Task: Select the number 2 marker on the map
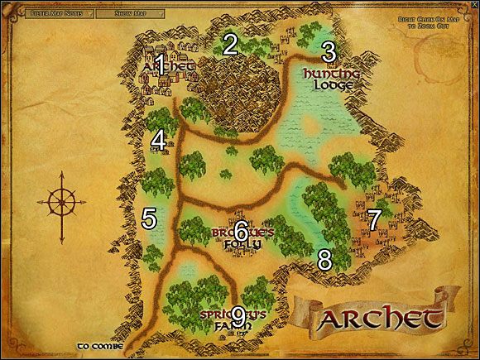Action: [x=230, y=45]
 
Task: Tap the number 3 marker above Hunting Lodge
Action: [x=329, y=52]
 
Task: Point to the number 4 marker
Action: [x=158, y=142]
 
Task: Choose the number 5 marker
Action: [x=149, y=219]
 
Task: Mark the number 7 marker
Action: [x=373, y=220]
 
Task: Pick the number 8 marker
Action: [x=324, y=260]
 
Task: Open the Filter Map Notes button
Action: [x=55, y=14]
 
